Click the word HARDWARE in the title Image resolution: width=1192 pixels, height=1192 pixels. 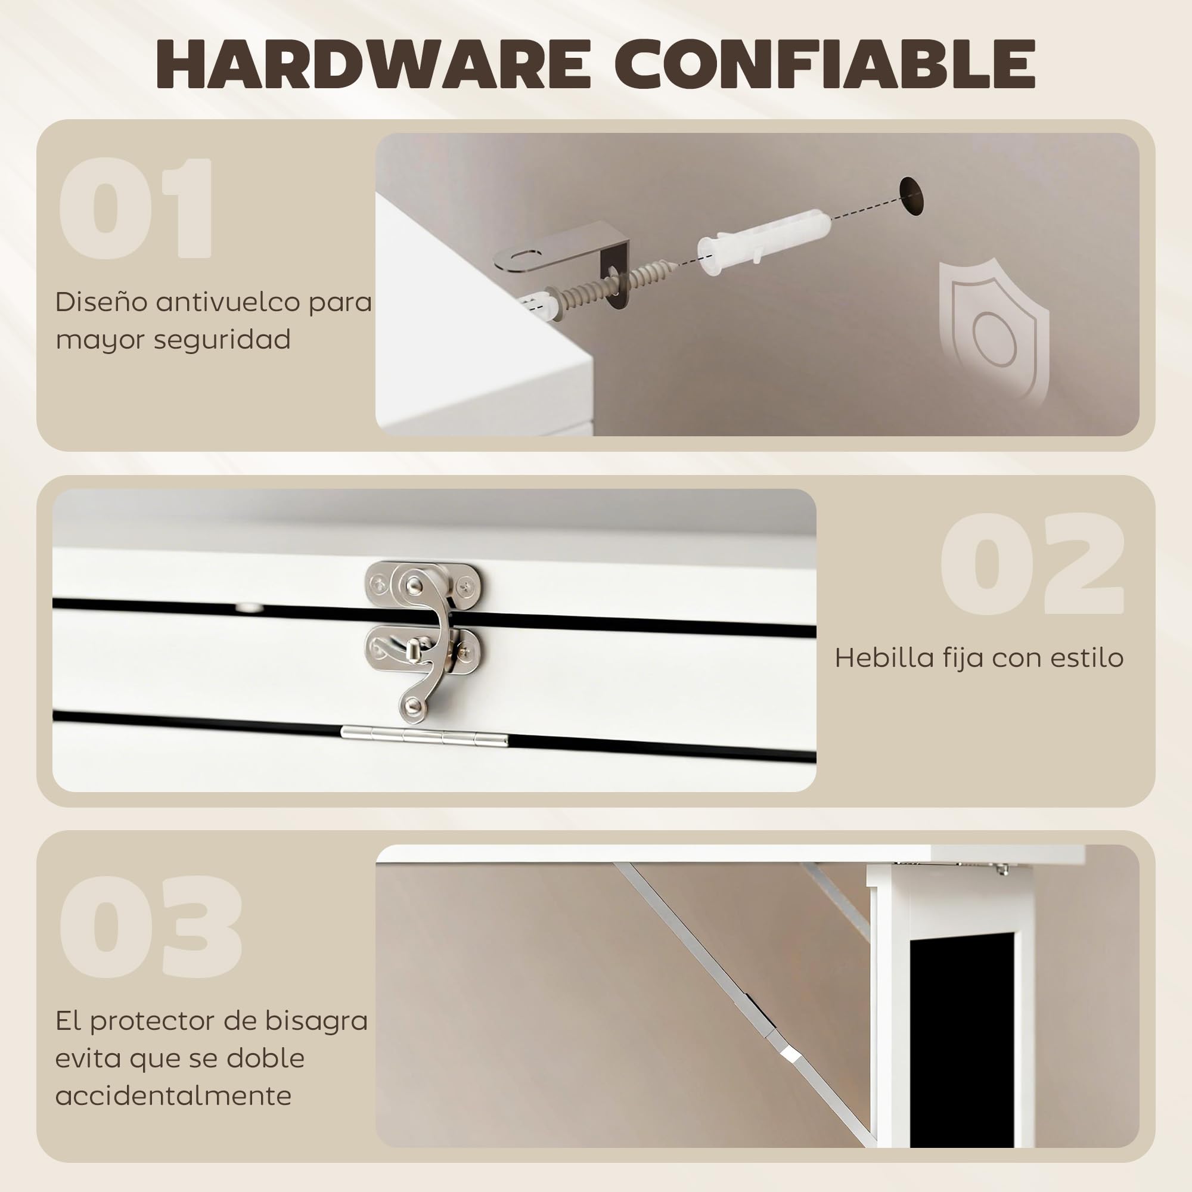click(x=374, y=64)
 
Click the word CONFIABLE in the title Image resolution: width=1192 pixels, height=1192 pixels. click(x=824, y=64)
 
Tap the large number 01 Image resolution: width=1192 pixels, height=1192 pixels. click(x=136, y=208)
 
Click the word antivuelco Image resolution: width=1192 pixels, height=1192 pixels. click(x=228, y=302)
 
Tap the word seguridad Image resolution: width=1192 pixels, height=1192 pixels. click(x=222, y=340)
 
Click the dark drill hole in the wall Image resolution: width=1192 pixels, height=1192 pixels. click(x=911, y=195)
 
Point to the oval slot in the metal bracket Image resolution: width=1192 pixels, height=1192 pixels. click(x=526, y=254)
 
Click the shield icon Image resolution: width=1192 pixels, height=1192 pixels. click(x=994, y=333)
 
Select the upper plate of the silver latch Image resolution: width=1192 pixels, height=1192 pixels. click(x=423, y=583)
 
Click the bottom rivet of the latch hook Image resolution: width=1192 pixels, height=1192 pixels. click(x=414, y=704)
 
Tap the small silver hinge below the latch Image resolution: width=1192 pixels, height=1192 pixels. click(x=424, y=736)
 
